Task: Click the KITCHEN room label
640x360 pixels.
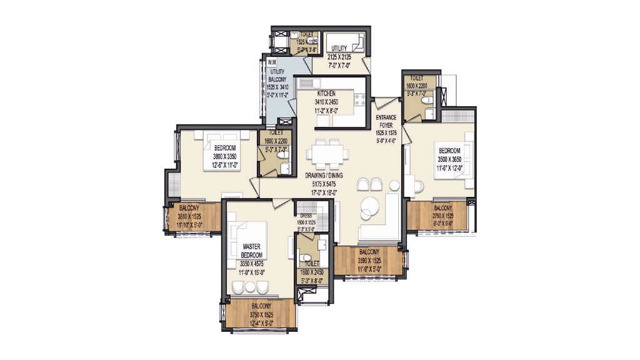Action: tap(326, 94)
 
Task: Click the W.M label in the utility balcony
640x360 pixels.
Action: tap(271, 63)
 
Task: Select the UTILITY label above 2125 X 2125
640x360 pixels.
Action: tap(339, 48)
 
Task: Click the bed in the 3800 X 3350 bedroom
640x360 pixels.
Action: tap(219, 151)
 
